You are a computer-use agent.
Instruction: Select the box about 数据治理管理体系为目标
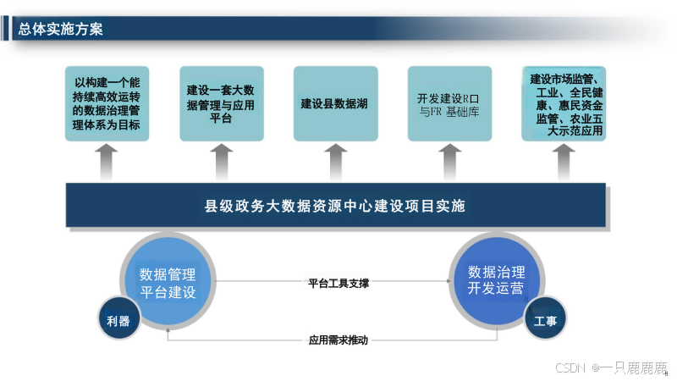(107, 105)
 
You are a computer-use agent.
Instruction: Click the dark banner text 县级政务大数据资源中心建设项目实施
(335, 206)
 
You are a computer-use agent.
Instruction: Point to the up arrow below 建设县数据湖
(336, 161)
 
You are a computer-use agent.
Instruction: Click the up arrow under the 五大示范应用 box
(563, 161)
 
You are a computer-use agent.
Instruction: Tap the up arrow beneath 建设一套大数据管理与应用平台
(222, 161)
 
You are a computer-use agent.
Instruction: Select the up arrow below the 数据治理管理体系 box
(107, 161)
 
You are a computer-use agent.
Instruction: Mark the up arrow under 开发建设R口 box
(450, 161)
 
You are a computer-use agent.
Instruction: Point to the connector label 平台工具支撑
(338, 283)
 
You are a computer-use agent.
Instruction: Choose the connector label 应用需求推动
(338, 340)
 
